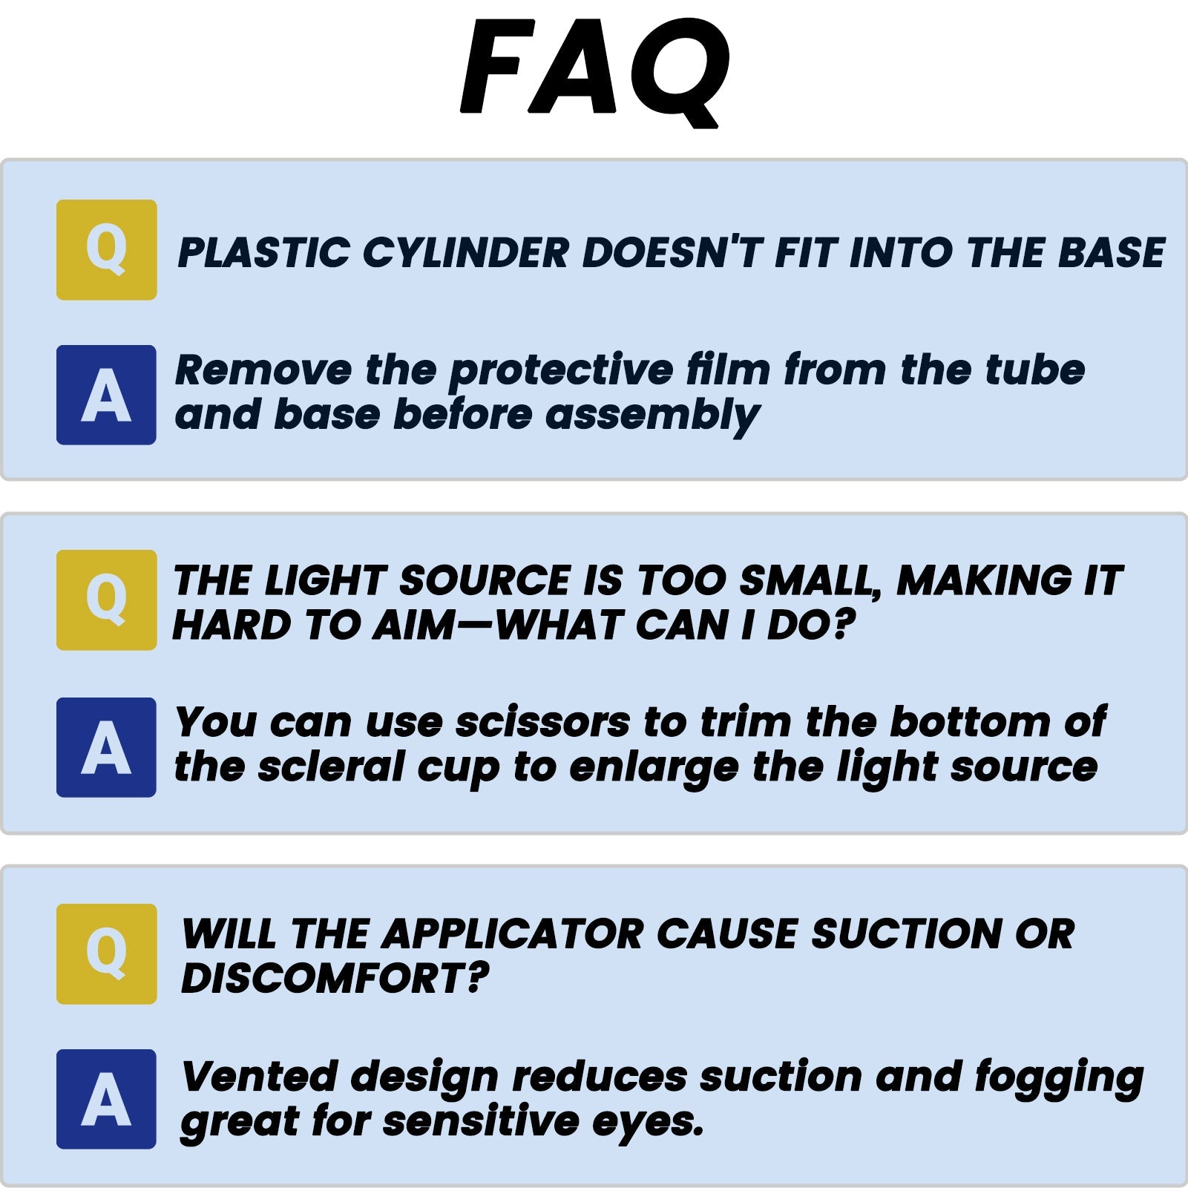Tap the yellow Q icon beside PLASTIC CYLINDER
pyautogui.click(x=107, y=250)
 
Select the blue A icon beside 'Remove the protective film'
pyautogui.click(x=107, y=395)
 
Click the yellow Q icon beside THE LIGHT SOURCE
pyautogui.click(x=107, y=600)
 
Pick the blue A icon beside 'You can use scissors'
pyautogui.click(x=107, y=747)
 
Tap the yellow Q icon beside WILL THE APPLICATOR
pyautogui.click(x=107, y=954)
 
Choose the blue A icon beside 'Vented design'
pyautogui.click(x=107, y=1099)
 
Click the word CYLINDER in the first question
pyautogui.click(x=465, y=253)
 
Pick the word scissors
pyautogui.click(x=542, y=723)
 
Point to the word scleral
pyautogui.click(x=331, y=767)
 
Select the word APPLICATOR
pyautogui.click(x=513, y=933)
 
